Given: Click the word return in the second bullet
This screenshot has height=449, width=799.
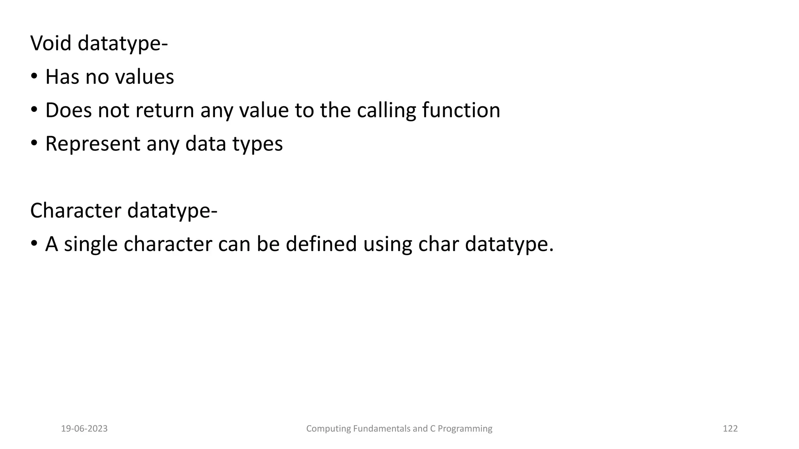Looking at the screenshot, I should [x=164, y=110].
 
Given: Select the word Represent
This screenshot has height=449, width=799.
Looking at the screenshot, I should [x=92, y=144].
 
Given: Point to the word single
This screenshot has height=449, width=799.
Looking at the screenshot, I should [x=91, y=245].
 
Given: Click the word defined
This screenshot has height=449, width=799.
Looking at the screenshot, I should [x=321, y=244].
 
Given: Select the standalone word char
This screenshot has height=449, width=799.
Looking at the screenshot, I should [x=438, y=244].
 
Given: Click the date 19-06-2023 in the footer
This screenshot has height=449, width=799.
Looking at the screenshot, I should [x=84, y=429].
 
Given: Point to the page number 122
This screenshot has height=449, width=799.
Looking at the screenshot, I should [x=730, y=429].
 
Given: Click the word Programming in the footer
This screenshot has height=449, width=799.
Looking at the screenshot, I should [x=465, y=429].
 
